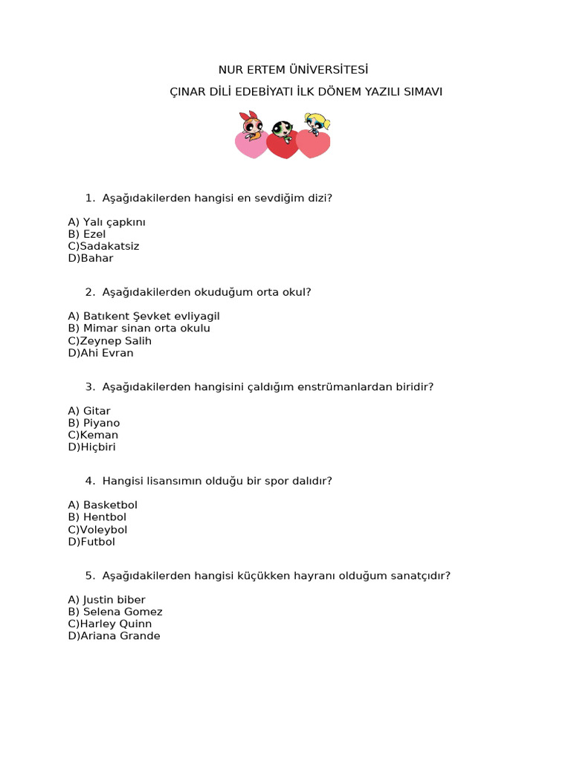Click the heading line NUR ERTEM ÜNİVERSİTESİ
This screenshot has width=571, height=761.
coord(293,70)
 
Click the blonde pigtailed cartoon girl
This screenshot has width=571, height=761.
coord(317,124)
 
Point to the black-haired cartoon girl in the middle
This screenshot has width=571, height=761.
coord(281,132)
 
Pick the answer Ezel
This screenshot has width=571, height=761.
coord(94,234)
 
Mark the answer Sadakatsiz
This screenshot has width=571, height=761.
coord(109,246)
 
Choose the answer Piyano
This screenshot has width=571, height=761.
coord(101,423)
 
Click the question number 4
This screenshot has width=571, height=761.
coord(89,481)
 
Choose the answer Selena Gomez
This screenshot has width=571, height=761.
coord(123,612)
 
